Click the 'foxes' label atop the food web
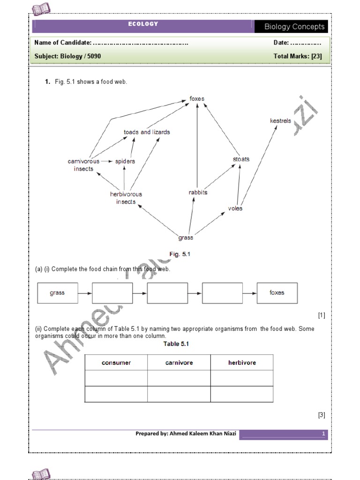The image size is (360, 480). coord(197,99)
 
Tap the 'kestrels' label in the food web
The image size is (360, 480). coord(280,121)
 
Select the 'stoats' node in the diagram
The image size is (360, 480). coord(241,159)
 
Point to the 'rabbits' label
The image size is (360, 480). coord(197,192)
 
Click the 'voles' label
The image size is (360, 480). coord(235,208)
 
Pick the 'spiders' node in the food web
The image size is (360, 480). coord(125,161)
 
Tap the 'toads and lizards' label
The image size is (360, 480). coord(147,132)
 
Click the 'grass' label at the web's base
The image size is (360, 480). coord(186,238)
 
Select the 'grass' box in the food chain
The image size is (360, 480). coord(57,293)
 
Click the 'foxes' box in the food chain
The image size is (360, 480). coord(277,293)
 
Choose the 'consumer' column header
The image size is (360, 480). coord(116,363)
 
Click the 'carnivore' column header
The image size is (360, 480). coord(179,363)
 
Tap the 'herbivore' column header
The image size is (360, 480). coord(242,363)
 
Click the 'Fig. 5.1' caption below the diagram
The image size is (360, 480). coord(180,254)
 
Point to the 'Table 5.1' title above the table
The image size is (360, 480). coord(176,344)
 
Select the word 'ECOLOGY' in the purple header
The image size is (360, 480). coord(143,24)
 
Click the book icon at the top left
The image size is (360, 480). coord(41,8)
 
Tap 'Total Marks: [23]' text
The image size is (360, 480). coord(297,56)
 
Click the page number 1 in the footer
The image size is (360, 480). coord(323,434)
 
